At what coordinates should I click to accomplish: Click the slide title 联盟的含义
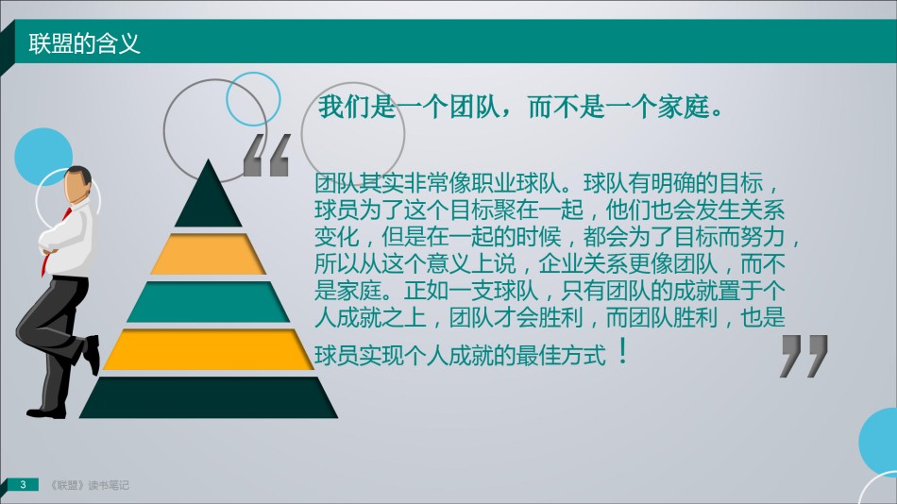85,43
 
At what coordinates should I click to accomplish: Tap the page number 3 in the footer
23,484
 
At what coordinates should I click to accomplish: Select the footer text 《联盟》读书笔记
90,485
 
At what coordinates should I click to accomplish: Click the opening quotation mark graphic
266,155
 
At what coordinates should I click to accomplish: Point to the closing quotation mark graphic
804,356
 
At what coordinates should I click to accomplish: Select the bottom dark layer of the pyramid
209,397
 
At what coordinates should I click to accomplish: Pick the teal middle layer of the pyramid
209,301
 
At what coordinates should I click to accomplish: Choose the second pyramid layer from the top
209,254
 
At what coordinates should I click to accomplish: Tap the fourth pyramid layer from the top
209,349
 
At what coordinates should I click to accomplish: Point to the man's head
76,184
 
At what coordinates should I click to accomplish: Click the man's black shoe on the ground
46,412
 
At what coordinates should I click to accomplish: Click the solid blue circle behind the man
42,156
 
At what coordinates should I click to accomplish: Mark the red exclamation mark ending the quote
623,351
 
